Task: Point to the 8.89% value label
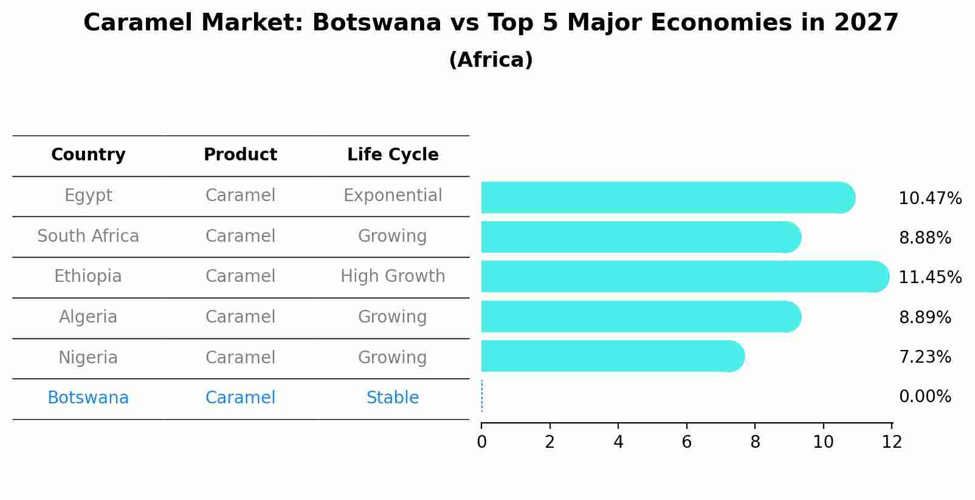[x=925, y=317]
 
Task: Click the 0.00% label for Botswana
[x=925, y=397]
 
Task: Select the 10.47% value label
[x=929, y=198]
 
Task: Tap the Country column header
[x=88, y=155]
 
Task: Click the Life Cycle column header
[x=393, y=155]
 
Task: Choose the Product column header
[x=240, y=155]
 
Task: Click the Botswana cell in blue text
[x=88, y=398]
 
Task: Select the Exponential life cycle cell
[x=393, y=196]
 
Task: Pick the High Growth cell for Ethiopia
[x=393, y=276]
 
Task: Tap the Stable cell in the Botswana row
[x=393, y=398]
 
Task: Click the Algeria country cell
[x=88, y=317]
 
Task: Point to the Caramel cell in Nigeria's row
[x=240, y=357]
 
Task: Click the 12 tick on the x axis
[x=892, y=442]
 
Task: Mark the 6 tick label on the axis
[x=687, y=442]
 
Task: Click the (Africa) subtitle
[x=491, y=60]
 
